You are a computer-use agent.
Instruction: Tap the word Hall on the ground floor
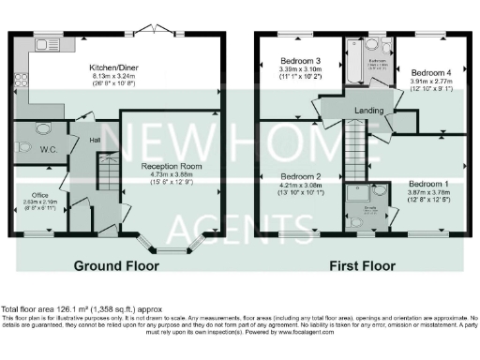click(95, 141)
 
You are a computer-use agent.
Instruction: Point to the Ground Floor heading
click(115, 266)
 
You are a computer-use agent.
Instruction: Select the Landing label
click(368, 112)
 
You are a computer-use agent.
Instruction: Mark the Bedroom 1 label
click(427, 183)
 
